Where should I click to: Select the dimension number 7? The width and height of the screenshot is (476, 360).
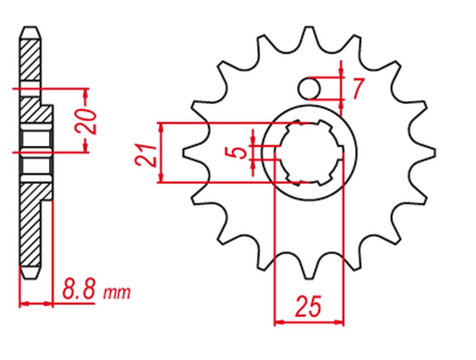click(x=358, y=89)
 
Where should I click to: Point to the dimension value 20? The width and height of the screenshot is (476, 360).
click(x=86, y=121)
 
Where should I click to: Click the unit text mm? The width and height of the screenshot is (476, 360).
click(x=117, y=293)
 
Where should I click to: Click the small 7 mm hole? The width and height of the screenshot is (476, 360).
click(x=309, y=89)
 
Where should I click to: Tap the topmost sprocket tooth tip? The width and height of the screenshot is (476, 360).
click(x=309, y=27)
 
